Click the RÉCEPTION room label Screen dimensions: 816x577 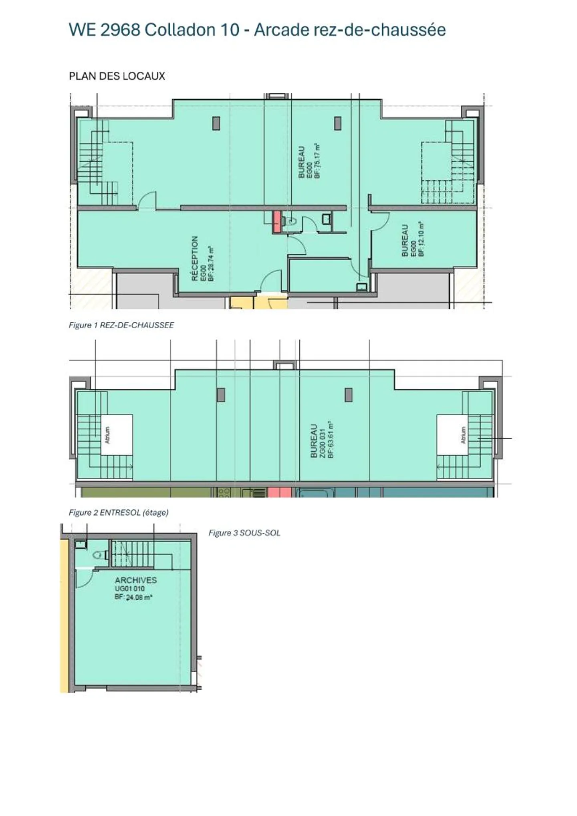195,258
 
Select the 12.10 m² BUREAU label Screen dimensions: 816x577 404,240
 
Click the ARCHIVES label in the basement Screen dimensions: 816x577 135,580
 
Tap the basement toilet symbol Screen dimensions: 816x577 98,555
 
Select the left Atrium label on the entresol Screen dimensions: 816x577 107,435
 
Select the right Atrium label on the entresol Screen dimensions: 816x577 463,435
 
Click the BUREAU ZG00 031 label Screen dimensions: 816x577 314,441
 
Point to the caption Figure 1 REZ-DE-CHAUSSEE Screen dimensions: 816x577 121,325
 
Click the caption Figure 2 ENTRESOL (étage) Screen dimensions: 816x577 118,513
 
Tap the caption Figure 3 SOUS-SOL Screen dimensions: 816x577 244,533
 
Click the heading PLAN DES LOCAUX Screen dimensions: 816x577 117,76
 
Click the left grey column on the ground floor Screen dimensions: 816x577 216,123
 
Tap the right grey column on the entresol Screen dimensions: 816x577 349,395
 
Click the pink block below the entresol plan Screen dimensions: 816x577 279,492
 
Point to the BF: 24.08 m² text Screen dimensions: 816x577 133,597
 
